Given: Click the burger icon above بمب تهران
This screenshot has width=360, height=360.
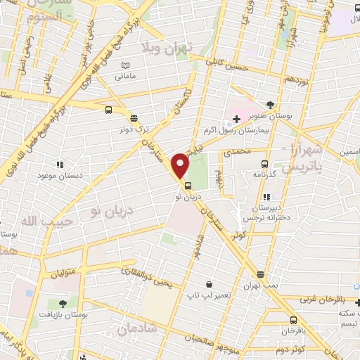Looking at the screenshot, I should (260, 274).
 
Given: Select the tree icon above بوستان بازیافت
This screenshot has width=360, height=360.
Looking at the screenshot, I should (63, 304).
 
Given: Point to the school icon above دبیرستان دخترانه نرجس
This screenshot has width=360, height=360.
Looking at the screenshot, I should (266, 198).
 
